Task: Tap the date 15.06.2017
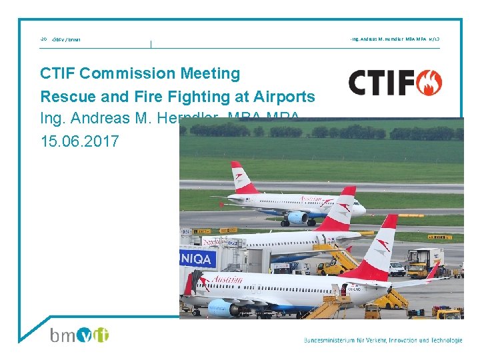tap(79, 142)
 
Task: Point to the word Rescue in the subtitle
tap(63, 97)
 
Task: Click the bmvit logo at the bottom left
tap(79, 335)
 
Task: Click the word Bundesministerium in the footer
tap(333, 340)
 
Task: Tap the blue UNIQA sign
tap(198, 257)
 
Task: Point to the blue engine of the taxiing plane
tap(297, 217)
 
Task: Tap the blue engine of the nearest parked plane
tap(224, 307)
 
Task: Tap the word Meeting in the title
tap(213, 73)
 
